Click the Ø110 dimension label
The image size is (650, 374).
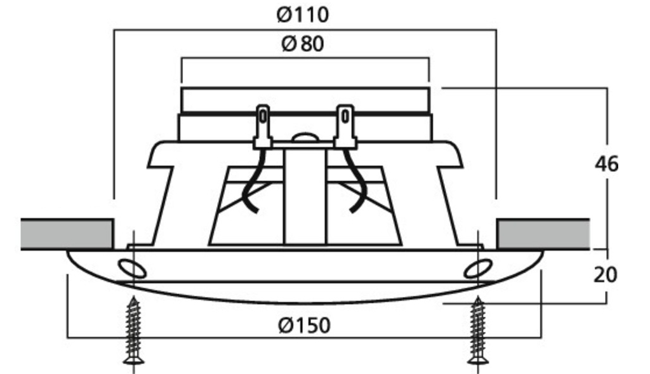tap(304, 15)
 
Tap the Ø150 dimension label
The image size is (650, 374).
tap(304, 326)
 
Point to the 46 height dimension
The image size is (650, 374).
tap(606, 164)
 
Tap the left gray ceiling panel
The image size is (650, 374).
tap(67, 234)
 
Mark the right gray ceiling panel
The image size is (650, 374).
tap(543, 234)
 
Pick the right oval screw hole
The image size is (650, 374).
tap(477, 269)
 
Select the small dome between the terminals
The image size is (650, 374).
tap(304, 137)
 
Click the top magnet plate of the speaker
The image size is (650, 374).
tap(305, 99)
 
